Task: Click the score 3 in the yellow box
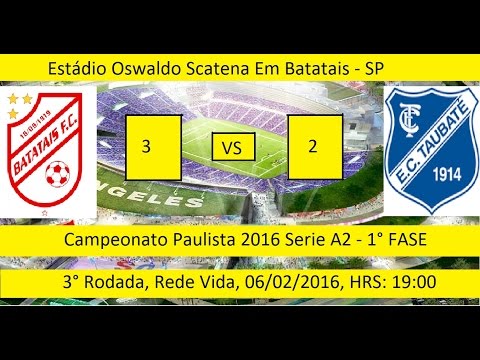coord(148,146)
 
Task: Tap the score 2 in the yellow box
coord(313,146)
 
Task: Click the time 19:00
coord(413,283)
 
